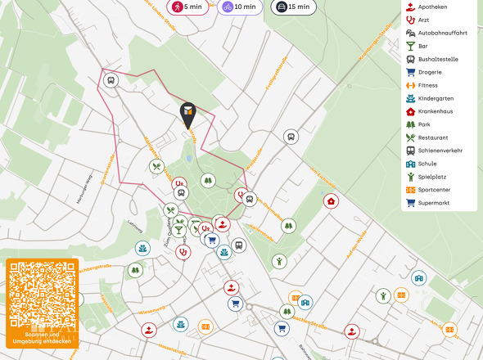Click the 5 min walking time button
186,7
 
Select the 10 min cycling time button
239,7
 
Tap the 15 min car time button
292,7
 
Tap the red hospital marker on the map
330,200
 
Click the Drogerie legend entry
434,72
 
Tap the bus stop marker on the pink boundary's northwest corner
111,80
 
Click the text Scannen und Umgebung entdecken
42,338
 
